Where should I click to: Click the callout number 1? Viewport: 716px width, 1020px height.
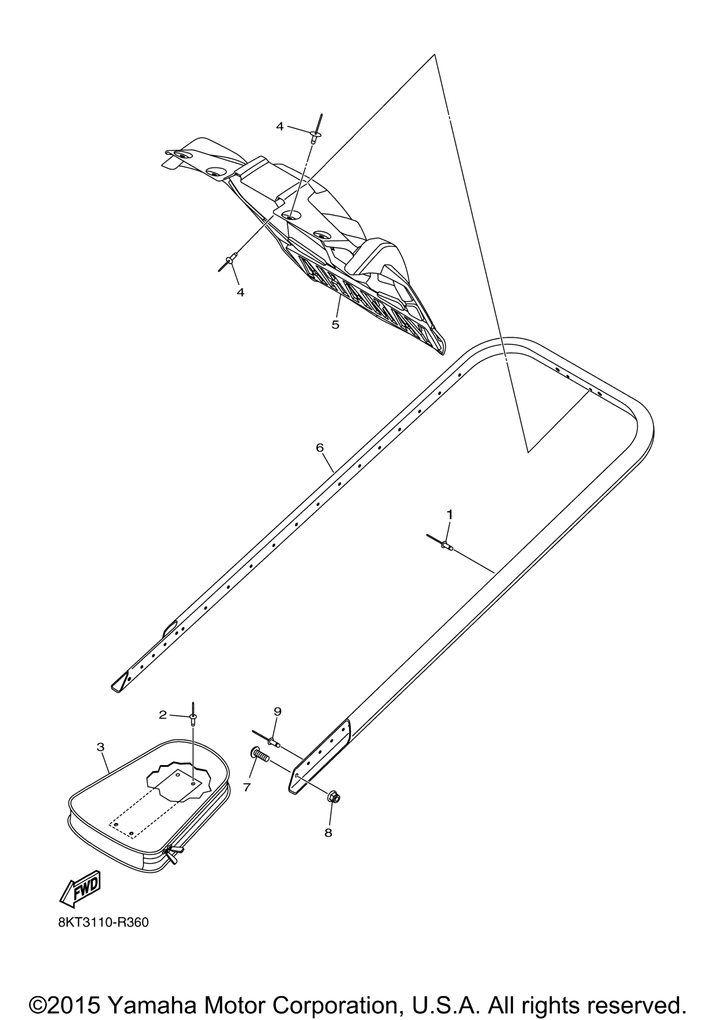coord(449,514)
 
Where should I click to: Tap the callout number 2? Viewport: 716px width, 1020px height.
coord(163,715)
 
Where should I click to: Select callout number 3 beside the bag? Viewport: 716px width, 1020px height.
coord(100,747)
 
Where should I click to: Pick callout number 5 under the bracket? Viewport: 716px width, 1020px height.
coord(335,325)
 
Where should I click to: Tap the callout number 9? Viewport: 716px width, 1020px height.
coord(278,711)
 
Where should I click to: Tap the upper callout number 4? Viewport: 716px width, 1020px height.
coord(279,127)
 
